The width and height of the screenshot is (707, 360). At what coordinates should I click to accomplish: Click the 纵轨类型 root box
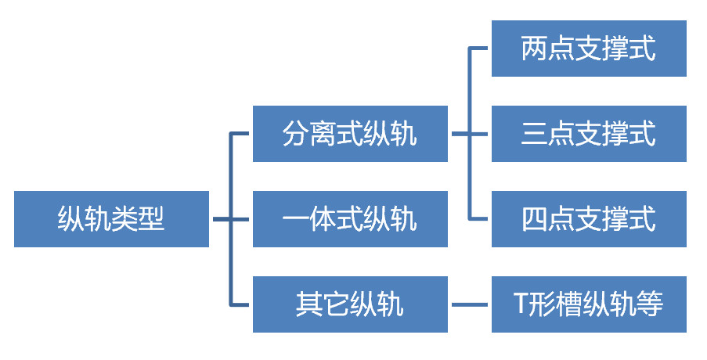(x=111, y=219)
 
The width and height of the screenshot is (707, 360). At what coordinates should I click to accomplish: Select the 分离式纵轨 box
(x=350, y=134)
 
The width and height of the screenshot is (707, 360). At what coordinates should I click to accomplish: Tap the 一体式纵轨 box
(x=350, y=219)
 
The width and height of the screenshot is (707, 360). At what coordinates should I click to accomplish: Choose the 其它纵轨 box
(x=350, y=304)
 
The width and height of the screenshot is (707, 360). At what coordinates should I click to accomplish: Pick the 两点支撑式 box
(x=589, y=49)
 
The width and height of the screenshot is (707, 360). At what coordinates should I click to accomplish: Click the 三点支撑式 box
(x=589, y=134)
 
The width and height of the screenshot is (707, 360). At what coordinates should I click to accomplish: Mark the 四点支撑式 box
(x=589, y=219)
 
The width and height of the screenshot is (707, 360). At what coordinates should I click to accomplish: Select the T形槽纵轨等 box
(x=589, y=304)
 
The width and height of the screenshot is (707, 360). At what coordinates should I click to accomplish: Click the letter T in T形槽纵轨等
(x=521, y=304)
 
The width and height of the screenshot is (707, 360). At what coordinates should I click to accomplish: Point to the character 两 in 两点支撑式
(x=535, y=49)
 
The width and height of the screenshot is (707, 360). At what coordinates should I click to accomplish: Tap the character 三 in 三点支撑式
(x=535, y=135)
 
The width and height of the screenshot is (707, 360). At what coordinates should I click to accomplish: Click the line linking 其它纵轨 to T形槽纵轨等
(x=470, y=304)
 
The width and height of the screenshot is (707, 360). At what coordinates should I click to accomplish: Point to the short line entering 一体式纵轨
(x=240, y=219)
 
